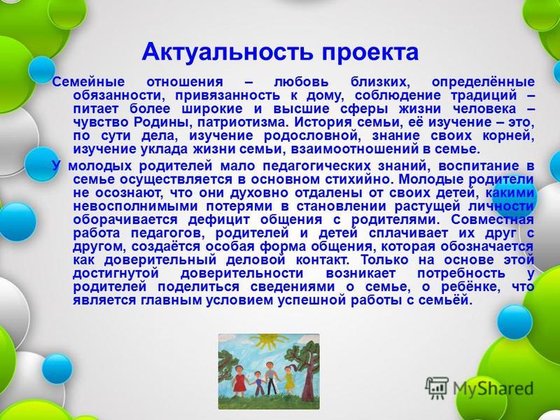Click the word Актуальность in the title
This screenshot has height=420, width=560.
(x=228, y=52)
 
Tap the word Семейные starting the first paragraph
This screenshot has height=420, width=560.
(x=89, y=82)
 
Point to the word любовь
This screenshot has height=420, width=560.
(x=301, y=82)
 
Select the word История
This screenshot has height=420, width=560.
(x=323, y=122)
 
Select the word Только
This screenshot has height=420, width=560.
(x=384, y=260)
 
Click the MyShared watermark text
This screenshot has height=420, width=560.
(x=493, y=388)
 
